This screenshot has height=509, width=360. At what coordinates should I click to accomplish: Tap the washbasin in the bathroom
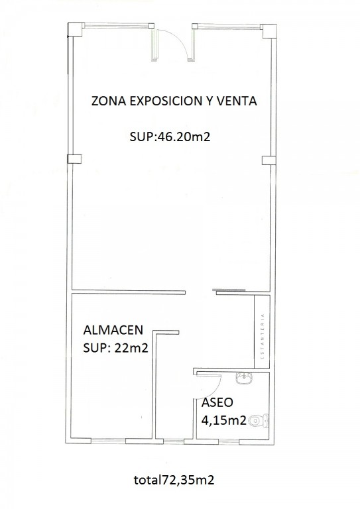click(x=243, y=378)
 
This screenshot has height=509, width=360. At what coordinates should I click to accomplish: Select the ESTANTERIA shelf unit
click(x=262, y=332)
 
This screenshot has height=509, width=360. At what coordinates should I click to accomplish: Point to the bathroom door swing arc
click(x=217, y=390)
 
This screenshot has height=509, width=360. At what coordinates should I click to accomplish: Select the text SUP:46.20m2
click(x=170, y=137)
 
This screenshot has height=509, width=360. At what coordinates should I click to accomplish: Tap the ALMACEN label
click(x=113, y=330)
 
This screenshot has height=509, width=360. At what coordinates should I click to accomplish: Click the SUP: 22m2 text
click(x=115, y=348)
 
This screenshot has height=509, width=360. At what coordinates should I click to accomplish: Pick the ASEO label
click(x=217, y=402)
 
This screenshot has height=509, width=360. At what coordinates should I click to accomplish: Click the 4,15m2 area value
click(x=223, y=420)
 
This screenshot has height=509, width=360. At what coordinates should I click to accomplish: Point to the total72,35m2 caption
click(x=174, y=480)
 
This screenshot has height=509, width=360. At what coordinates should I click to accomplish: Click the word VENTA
click(x=237, y=101)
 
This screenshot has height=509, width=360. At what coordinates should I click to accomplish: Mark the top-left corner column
click(x=76, y=30)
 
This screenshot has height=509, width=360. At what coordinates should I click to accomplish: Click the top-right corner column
click(x=269, y=31)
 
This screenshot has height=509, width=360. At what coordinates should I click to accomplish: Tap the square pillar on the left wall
click(x=74, y=159)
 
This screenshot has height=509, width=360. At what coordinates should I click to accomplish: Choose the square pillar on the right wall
click(x=269, y=160)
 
